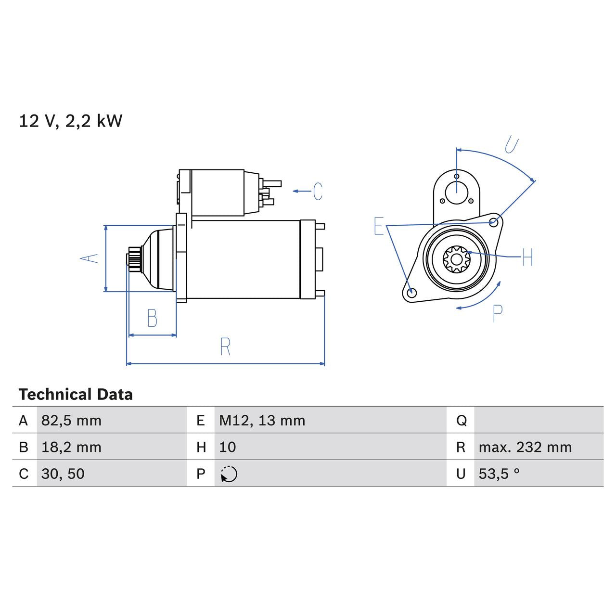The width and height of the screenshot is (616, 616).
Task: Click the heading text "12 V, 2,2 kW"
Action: [70, 121]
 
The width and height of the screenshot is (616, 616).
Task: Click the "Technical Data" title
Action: [76, 395]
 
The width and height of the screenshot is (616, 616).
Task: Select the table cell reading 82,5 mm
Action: [71, 421]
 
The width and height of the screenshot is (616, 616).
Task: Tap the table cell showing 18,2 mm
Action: [71, 447]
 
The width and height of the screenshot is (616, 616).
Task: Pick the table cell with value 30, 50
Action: [63, 474]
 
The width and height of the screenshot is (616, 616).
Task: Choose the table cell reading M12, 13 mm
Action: [262, 421]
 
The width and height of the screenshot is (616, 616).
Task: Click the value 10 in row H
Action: [227, 447]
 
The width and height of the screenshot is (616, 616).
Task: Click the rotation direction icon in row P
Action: [229, 474]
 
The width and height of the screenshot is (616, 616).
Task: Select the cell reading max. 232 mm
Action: [525, 447]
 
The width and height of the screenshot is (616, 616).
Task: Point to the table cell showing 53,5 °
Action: [499, 474]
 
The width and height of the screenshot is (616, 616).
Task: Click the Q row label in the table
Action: [461, 421]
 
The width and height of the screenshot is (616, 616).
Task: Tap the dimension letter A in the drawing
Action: [89, 258]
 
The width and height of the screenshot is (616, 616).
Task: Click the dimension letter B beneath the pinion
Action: [152, 318]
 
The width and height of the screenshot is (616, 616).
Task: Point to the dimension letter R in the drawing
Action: [225, 346]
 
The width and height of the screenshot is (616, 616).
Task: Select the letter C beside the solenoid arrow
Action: [318, 191]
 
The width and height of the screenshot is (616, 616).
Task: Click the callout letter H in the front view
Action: [527, 257]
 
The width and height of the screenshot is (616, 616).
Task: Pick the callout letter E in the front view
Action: [379, 226]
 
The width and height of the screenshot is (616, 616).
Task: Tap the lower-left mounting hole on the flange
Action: [411, 293]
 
